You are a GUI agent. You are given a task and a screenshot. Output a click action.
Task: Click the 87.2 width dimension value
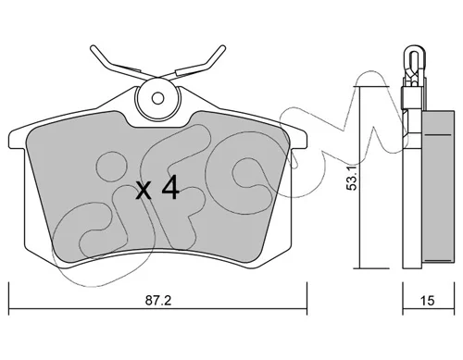pos(158,301)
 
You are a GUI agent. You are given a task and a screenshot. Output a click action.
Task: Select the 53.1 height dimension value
pos(352,177)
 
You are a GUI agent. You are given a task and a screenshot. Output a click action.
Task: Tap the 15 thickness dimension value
pos(427,301)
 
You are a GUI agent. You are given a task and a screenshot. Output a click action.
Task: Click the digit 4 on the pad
pos(170,187)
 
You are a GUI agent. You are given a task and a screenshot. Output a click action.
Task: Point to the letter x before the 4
pos(144,191)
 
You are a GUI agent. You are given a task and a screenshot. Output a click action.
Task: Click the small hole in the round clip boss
pos(158,99)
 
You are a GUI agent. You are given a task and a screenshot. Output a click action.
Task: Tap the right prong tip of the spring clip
pos(222,48)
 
